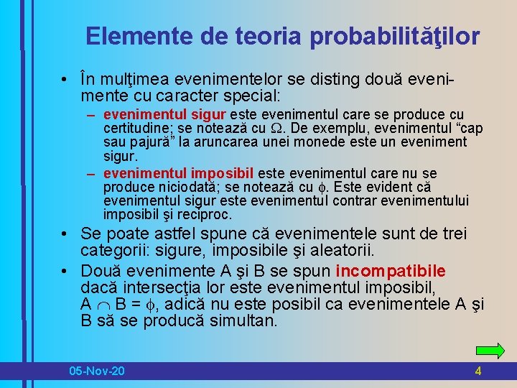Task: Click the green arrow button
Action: coord(490,351)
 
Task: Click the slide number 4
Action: coord(478,371)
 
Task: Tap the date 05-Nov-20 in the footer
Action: coord(96,371)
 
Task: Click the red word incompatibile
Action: coord(391,271)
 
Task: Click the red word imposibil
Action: coord(223,173)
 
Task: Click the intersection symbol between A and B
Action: coord(104,304)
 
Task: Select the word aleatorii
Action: coord(354,251)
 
